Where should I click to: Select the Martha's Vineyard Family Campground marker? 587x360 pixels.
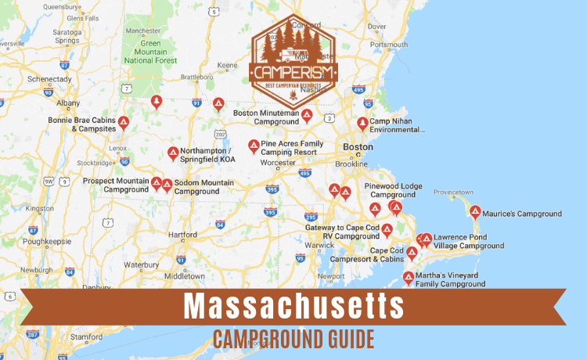pos(409,278)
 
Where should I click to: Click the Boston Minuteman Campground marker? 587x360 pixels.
pos(308,116)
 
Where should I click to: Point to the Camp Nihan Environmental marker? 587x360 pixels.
pos(362,124)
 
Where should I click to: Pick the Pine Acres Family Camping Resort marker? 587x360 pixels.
pos(254,146)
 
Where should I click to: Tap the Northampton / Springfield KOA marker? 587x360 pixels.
pos(173,153)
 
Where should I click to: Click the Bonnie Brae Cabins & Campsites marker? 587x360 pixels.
pos(124,123)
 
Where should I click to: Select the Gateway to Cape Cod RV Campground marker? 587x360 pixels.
pos(387,230)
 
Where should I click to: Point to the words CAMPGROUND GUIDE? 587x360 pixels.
pos(293,339)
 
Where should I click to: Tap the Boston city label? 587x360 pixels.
pos(358,146)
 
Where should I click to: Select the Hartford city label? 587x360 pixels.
pos(182,234)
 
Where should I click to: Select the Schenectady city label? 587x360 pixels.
pos(28,79)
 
